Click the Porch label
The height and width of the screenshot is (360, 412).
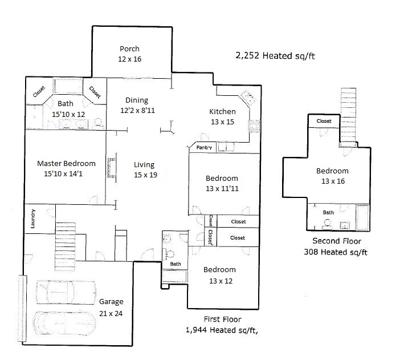point(129,49)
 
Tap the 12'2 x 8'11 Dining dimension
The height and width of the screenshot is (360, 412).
point(137,110)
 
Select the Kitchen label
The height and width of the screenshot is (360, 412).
point(222,112)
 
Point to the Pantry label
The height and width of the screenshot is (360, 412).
point(204,148)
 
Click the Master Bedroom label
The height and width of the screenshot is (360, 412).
point(66,163)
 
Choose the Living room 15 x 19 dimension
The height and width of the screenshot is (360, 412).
point(145,175)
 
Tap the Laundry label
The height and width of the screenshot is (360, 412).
point(33,219)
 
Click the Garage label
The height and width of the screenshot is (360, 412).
point(111,302)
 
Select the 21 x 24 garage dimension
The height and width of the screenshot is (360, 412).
point(111,313)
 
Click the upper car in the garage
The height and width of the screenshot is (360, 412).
point(66,292)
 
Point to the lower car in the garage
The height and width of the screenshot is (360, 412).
point(64,323)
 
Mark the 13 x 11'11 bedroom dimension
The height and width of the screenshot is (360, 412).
point(222,188)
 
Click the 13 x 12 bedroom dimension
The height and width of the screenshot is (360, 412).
point(221,281)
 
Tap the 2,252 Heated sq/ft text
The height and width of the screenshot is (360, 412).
point(275,56)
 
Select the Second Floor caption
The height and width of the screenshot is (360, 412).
point(337,241)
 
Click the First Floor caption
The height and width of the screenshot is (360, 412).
point(222,319)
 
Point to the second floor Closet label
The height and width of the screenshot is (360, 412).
point(324,121)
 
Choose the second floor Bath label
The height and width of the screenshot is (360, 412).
point(328,212)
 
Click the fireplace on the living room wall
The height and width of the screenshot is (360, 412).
point(112,168)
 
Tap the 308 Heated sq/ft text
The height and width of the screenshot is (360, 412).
point(336,252)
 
